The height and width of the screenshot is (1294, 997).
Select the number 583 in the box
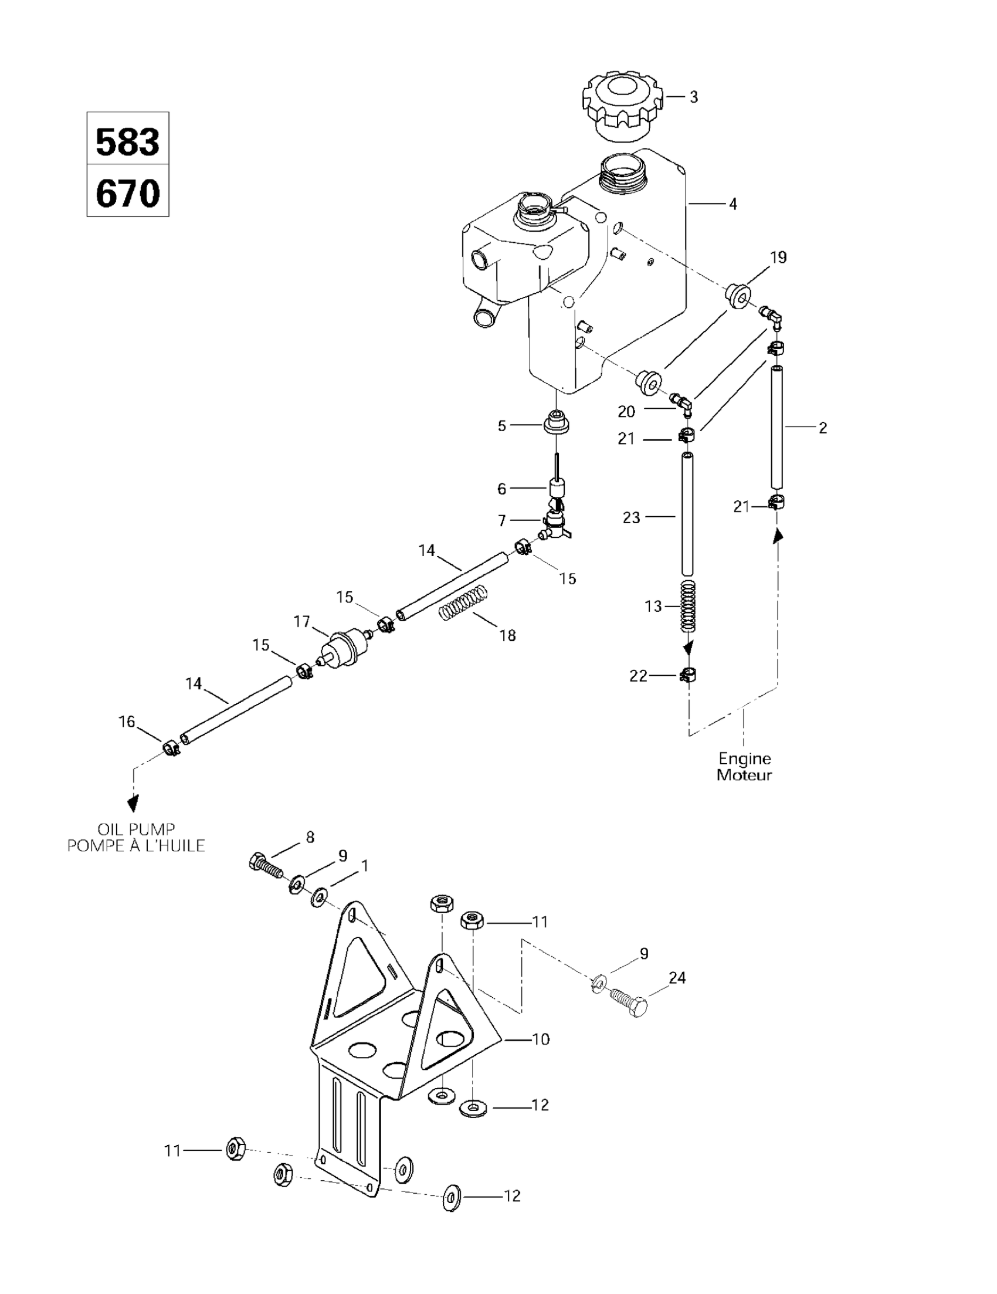point(127,143)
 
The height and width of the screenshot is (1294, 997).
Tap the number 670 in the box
point(127,193)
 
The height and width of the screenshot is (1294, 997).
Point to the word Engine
point(745,758)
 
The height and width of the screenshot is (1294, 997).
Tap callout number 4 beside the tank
point(733,204)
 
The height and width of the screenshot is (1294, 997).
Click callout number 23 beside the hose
point(632,517)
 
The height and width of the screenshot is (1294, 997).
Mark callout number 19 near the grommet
point(778,257)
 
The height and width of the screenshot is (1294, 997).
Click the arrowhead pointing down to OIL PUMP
point(134,803)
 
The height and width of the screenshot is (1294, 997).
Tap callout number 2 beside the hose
point(822,427)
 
